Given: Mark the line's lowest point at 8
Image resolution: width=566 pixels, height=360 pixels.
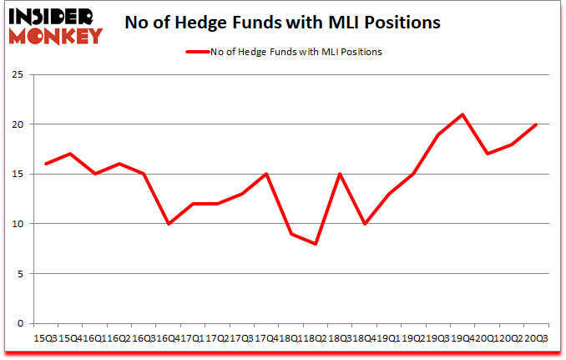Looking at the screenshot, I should coord(316,244).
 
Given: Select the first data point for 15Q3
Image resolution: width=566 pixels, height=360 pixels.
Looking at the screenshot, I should coord(47,164).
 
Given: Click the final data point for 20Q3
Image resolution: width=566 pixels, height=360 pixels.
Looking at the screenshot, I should coord(536,124).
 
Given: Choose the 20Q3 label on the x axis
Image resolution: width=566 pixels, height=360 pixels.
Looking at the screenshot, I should coord(536,338).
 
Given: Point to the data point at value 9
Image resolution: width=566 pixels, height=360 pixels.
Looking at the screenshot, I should coord(291,234).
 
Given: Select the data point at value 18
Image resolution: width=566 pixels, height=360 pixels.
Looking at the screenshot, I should coord(512,145).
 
